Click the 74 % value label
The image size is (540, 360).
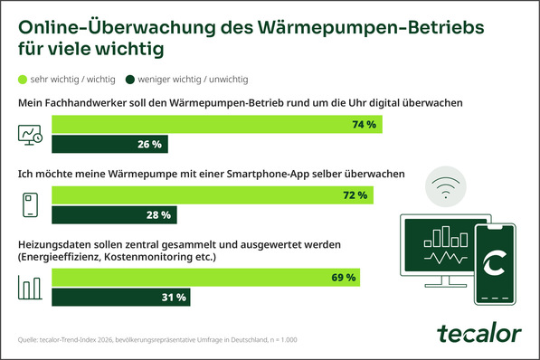click(x=363, y=125)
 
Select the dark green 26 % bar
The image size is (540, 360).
click(x=109, y=144)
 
